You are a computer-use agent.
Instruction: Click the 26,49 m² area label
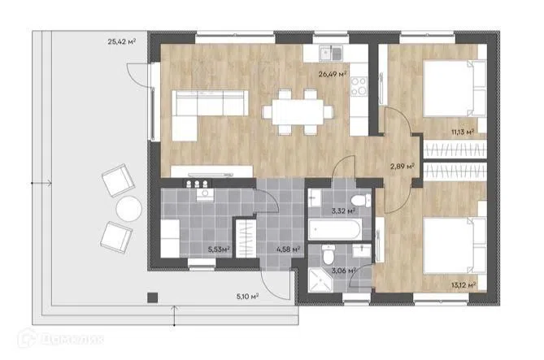[x=333, y=73]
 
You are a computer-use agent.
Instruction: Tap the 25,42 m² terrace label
[x=122, y=41]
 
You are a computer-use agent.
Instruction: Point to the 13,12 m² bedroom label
[x=463, y=285]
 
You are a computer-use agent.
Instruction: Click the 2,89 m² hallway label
[x=403, y=166]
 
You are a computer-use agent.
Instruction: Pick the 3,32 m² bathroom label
[x=343, y=210]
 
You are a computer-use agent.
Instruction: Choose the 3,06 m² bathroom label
[x=344, y=271]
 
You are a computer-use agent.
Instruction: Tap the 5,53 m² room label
[x=220, y=249]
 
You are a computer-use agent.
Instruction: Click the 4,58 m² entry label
[x=289, y=249]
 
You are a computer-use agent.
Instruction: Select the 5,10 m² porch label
[x=248, y=296]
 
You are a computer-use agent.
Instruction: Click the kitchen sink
[x=331, y=53]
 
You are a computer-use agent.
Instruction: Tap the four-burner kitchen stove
[x=359, y=86]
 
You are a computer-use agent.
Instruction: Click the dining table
[x=298, y=111]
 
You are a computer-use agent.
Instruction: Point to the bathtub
[x=336, y=229]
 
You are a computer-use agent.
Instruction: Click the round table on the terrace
[x=129, y=209]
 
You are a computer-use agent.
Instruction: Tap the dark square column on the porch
[x=152, y=297]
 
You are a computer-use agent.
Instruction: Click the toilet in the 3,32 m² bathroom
[x=361, y=201]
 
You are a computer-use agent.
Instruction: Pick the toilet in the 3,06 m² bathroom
[x=328, y=254]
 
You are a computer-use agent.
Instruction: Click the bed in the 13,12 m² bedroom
[x=455, y=245]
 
